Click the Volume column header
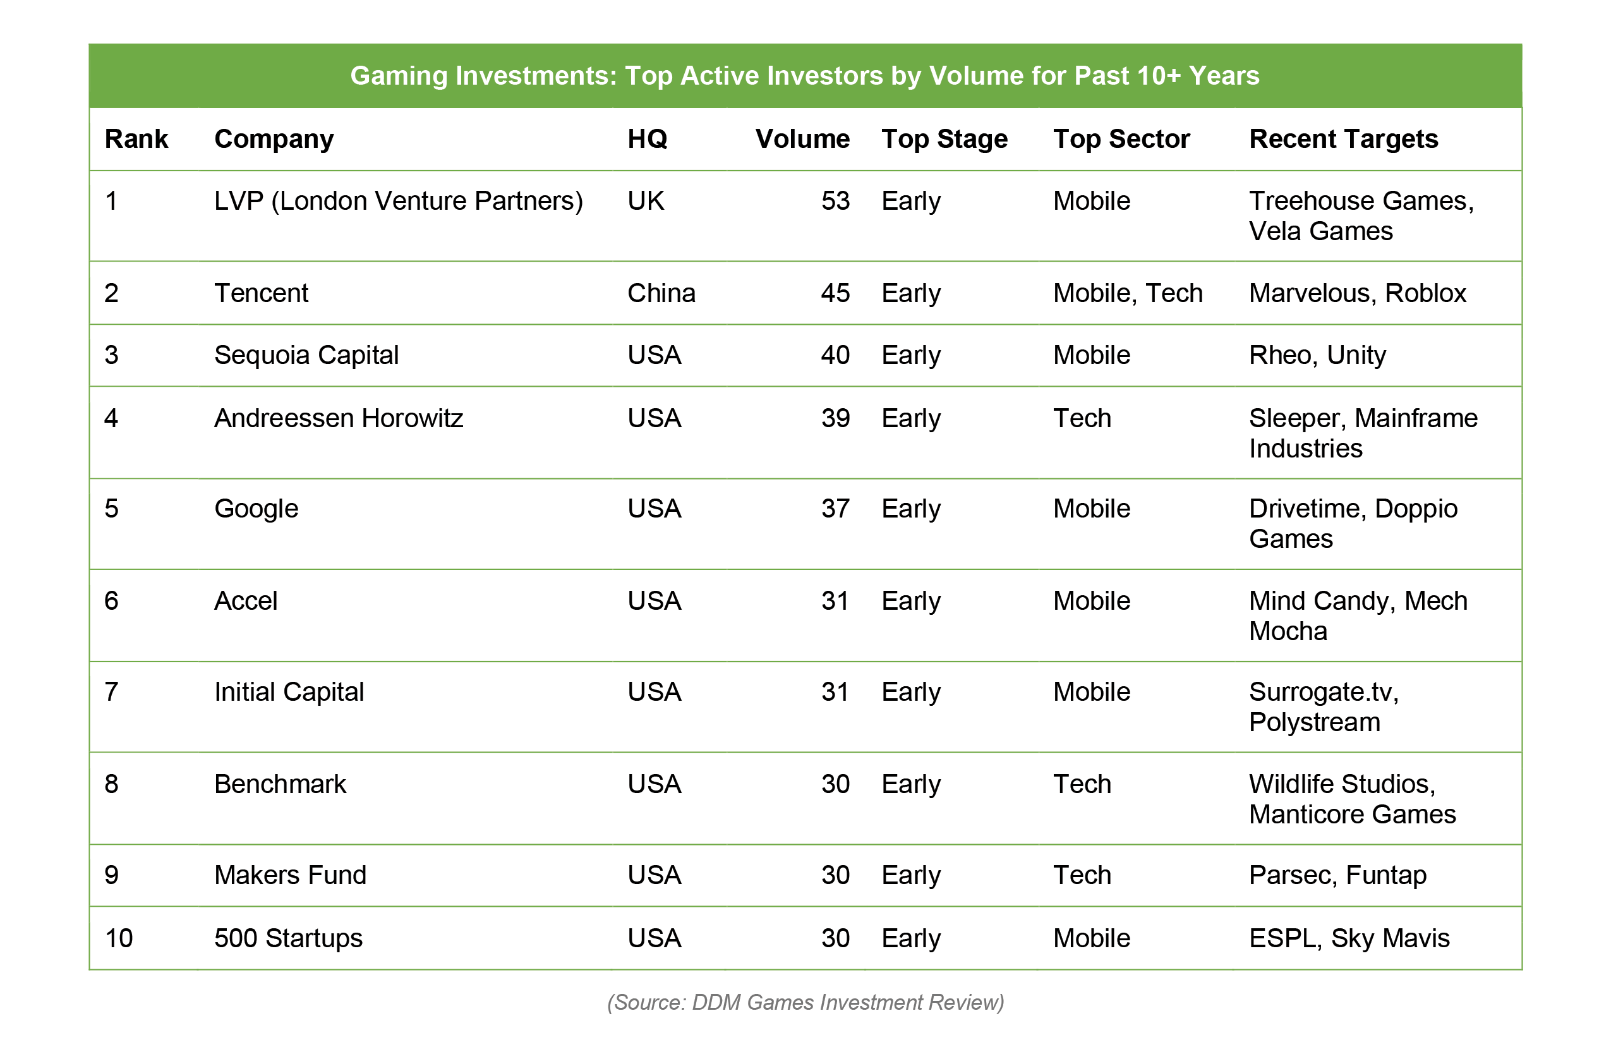tap(802, 139)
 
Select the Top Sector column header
tap(1121, 140)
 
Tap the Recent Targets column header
tap(1343, 140)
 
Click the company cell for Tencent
tap(262, 293)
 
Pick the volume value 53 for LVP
tap(835, 201)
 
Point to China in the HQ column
tap(661, 293)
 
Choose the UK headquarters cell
tap(646, 201)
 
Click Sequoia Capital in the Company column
tap(306, 355)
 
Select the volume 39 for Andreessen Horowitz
tap(835, 418)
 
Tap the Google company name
tap(256, 509)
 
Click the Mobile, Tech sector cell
tap(1128, 293)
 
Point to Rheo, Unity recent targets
tap(1317, 355)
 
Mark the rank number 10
tap(119, 938)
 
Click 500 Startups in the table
tap(288, 938)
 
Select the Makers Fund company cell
tap(291, 875)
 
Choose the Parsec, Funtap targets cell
tap(1337, 875)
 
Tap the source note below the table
tap(805, 1003)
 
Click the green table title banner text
tap(805, 76)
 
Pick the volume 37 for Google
tap(835, 509)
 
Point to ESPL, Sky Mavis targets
tap(1349, 938)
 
